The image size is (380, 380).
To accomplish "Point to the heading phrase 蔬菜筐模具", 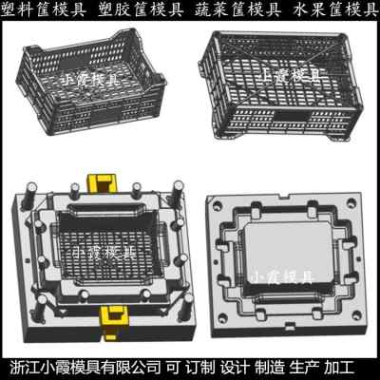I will [x=237, y=9].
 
